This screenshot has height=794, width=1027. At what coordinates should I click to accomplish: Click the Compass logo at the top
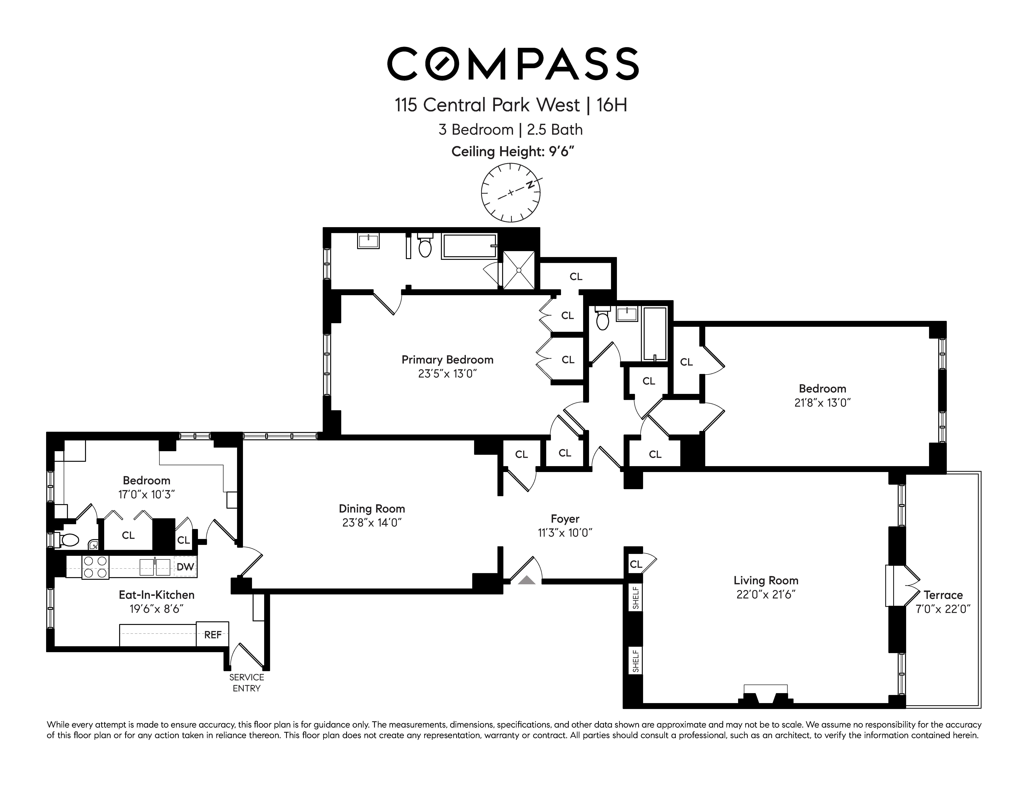click(513, 64)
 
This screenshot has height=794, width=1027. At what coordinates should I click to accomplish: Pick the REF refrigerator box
click(213, 635)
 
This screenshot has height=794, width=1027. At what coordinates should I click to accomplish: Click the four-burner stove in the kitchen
click(95, 567)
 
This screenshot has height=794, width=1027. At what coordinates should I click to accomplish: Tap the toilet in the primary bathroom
click(425, 245)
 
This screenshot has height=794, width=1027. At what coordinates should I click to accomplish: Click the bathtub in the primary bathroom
click(469, 246)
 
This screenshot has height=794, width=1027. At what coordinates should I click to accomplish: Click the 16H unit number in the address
click(612, 105)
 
